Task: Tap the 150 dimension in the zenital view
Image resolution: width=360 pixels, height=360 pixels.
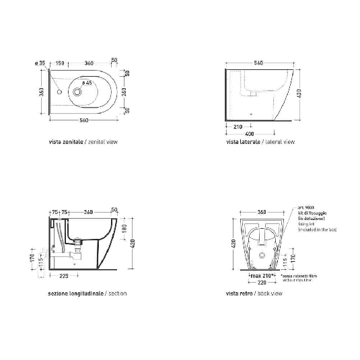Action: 61,63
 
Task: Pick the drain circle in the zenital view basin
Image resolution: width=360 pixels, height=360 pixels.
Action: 79,91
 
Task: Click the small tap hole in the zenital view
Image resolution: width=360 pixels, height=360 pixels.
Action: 59,91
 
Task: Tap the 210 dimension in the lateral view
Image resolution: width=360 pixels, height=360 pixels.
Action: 238,127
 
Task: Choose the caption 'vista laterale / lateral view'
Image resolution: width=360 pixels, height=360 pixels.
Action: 260,143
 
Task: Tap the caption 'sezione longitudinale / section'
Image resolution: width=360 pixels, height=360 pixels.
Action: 87,293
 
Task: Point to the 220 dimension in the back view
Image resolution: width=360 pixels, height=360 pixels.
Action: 261,283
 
